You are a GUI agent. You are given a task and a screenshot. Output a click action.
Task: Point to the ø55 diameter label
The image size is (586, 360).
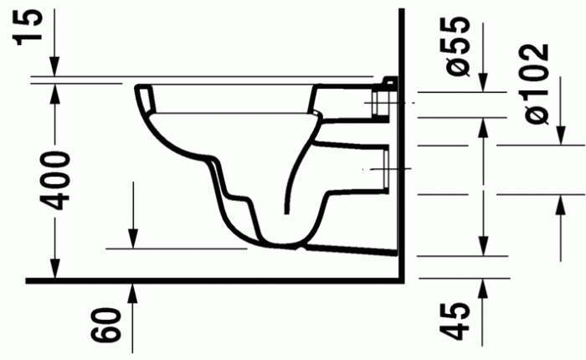459,46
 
